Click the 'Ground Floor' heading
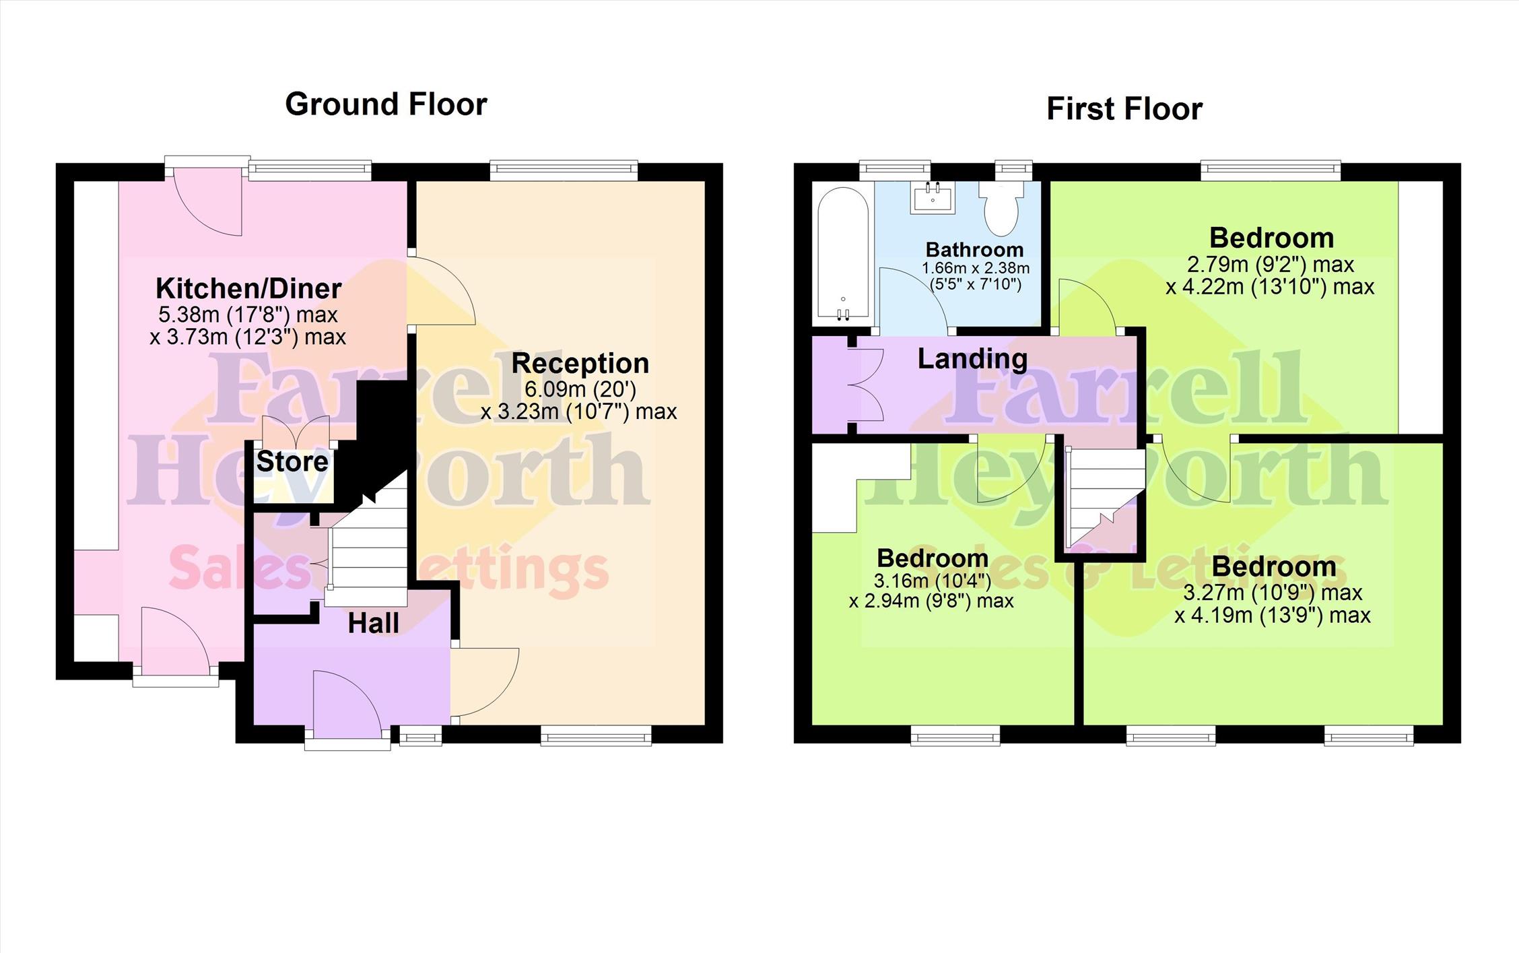pyautogui.click(x=386, y=104)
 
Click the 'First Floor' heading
pyautogui.click(x=1124, y=109)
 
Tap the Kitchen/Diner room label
pyautogui.click(x=248, y=288)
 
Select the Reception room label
pyautogui.click(x=580, y=363)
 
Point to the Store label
pyautogui.click(x=292, y=461)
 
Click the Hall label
pyautogui.click(x=374, y=623)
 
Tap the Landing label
pyautogui.click(x=972, y=359)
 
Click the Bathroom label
pyautogui.click(x=974, y=249)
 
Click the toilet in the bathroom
pyautogui.click(x=1001, y=207)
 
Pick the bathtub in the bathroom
pyautogui.click(x=842, y=253)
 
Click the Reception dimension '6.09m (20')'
pyautogui.click(x=580, y=389)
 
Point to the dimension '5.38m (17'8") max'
pyautogui.click(x=248, y=315)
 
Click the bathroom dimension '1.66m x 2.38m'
pyautogui.click(x=976, y=268)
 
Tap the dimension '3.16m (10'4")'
pyautogui.click(x=933, y=581)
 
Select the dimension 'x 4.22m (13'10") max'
pyautogui.click(x=1270, y=287)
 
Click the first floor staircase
pyautogui.click(x=1105, y=499)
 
